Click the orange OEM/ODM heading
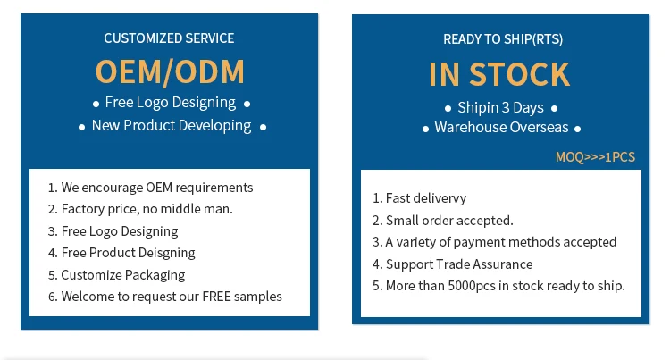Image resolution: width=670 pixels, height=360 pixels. click(x=169, y=71)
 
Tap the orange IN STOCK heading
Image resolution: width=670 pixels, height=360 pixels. click(x=498, y=74)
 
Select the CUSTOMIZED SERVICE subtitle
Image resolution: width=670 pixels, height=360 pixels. click(x=169, y=38)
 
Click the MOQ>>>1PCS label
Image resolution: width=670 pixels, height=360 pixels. click(x=595, y=157)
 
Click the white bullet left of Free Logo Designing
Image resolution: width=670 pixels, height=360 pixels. click(x=96, y=104)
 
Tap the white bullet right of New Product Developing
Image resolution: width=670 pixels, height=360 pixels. click(x=263, y=127)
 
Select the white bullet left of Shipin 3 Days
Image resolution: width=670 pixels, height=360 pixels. click(x=448, y=109)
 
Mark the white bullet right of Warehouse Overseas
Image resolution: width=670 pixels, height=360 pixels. click(x=577, y=130)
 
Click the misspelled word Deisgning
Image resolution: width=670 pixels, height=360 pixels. click(x=164, y=253)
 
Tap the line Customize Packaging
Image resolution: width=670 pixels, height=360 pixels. click(x=123, y=275)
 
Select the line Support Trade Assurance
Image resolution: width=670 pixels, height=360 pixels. click(x=459, y=264)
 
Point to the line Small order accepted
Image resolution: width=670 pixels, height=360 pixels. click(x=449, y=221)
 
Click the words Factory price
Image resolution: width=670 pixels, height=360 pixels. click(x=95, y=209)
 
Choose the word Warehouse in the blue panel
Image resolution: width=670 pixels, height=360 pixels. click(x=470, y=128)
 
